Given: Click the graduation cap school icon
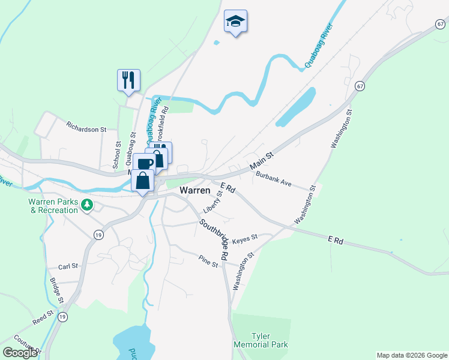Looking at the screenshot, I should [x=235, y=22].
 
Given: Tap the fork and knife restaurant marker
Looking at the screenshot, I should [x=128, y=80].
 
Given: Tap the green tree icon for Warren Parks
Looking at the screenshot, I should [x=88, y=205].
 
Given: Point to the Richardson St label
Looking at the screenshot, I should [x=86, y=128].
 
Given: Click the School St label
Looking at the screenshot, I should [x=117, y=155].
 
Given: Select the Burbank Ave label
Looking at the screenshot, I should [x=274, y=179].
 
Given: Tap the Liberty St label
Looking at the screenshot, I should [x=212, y=200].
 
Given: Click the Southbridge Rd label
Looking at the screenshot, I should [x=215, y=239].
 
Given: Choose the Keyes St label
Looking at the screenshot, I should [x=244, y=238].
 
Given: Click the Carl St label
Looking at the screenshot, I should [x=68, y=266].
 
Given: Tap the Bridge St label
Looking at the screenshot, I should [x=56, y=290].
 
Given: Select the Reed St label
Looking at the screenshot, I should [x=43, y=317].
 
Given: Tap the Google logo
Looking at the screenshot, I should [x=20, y=352].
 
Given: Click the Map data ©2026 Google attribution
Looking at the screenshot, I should [x=411, y=355].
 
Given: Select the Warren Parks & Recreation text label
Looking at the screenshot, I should [x=53, y=206].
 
